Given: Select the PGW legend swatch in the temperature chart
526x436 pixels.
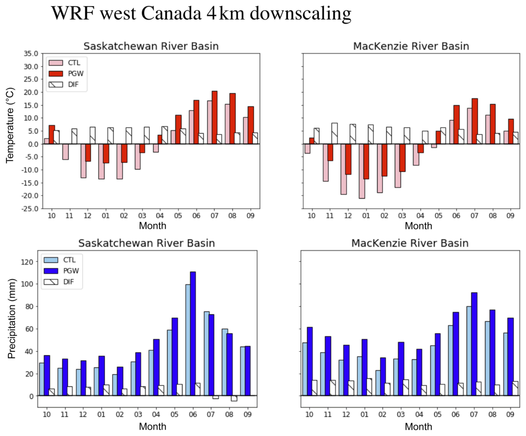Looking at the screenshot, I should coord(56,73).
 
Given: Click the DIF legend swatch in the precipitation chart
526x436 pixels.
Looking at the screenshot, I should coord(51,282).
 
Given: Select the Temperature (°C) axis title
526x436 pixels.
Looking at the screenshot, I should coord(10,125).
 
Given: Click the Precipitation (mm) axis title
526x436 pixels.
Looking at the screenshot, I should coord(12,319).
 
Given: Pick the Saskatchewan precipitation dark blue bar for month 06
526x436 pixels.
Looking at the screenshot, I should coord(193,334).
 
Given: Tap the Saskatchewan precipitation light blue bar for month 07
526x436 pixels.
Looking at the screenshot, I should coord(207,354).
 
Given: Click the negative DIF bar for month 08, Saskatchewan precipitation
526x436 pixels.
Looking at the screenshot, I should coord(234,398).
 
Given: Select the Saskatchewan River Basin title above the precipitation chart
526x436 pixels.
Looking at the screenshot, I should coord(146,243).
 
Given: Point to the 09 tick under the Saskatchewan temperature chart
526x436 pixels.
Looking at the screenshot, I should coord(250,216).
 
